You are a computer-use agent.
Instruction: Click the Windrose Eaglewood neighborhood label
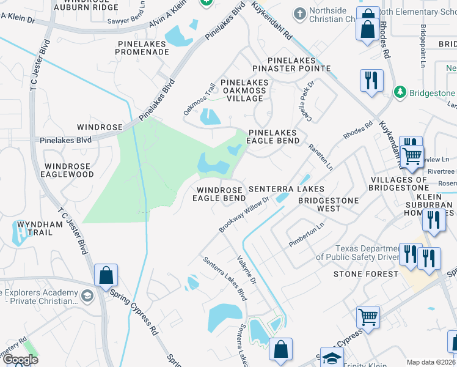pos(68,170)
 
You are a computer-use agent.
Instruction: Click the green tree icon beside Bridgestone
pos(400,92)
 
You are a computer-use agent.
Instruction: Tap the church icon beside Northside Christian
pos(299,13)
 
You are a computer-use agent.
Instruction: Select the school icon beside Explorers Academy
pos(87,296)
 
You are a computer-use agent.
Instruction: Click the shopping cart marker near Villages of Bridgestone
pos(412,155)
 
